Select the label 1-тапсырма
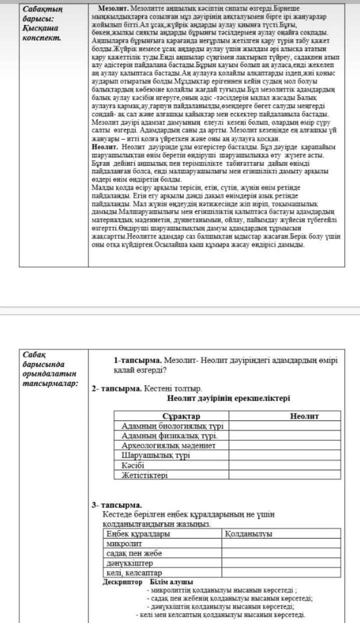coord(137,360)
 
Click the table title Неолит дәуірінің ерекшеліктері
coord(228,398)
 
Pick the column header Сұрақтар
coord(181,416)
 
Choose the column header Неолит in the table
coord(304,416)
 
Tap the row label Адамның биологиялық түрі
coord(172,426)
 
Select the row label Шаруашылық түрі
coord(155,455)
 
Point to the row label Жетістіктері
coord(144,475)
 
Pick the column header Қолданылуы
coord(249,534)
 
